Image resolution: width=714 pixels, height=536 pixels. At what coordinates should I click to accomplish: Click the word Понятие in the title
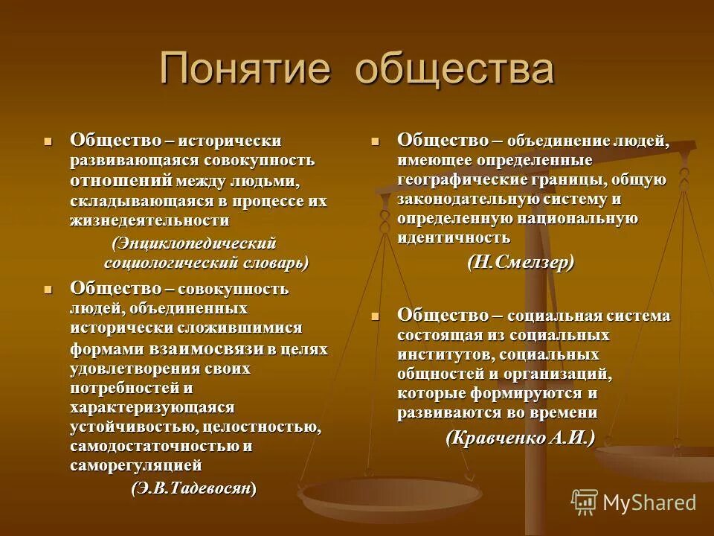[x=245, y=69]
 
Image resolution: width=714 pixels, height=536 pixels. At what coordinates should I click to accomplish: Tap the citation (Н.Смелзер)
[x=521, y=262]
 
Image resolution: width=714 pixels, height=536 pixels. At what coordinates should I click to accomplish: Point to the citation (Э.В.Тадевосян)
[x=194, y=488]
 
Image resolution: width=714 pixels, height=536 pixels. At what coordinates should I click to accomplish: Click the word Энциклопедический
[x=194, y=243]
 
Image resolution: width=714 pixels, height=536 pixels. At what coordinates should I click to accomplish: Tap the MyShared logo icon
[x=585, y=502]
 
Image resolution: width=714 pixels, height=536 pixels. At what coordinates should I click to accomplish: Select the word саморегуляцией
[x=136, y=466]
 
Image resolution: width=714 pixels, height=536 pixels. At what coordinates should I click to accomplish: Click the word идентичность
[x=454, y=237]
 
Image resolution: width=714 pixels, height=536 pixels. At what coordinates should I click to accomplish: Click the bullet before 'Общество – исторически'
[x=49, y=139]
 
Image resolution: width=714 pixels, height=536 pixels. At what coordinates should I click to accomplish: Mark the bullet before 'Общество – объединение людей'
[x=376, y=139]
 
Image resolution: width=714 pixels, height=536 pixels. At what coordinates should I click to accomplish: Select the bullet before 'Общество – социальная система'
[x=376, y=316]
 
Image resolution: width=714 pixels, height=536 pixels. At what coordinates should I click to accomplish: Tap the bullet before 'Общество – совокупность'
[x=49, y=287]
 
